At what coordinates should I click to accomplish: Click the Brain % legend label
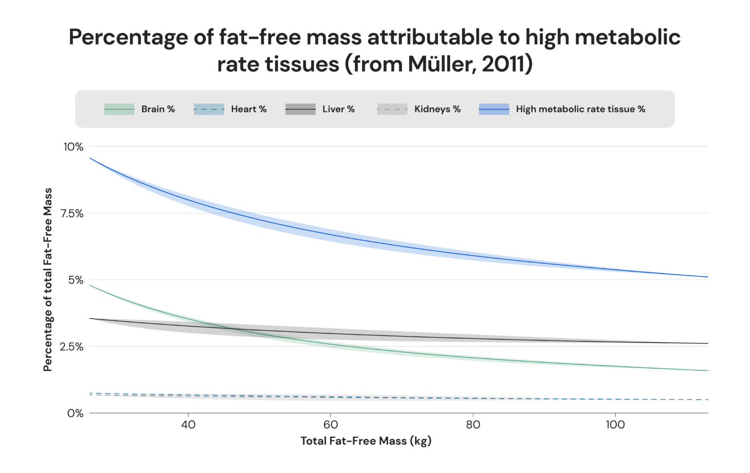pos(158,109)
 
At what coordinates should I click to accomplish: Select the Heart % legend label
pos(249,109)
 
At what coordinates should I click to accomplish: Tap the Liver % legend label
pos(338,109)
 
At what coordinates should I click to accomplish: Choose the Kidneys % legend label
pos(437,109)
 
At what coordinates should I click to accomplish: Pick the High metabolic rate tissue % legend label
pos(580,109)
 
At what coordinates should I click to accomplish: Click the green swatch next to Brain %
pos(119,109)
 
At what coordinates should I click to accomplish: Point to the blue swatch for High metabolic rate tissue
pos(494,109)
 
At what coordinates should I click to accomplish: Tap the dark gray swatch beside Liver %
pos(300,109)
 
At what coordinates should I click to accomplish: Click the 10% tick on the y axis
pos(73,147)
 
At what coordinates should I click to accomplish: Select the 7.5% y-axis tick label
pos(72,214)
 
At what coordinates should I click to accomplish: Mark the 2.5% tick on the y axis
pos(72,347)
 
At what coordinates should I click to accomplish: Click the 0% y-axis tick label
pos(75,413)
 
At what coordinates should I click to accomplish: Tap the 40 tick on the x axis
pos(188,425)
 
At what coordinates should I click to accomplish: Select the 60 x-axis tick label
pos(331,425)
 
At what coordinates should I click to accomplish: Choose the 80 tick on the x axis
pos(473,425)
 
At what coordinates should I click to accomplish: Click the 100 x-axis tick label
pos(615,425)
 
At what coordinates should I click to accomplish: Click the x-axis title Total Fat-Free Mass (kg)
pos(366,441)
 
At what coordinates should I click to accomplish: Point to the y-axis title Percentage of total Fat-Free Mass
pos(47,279)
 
